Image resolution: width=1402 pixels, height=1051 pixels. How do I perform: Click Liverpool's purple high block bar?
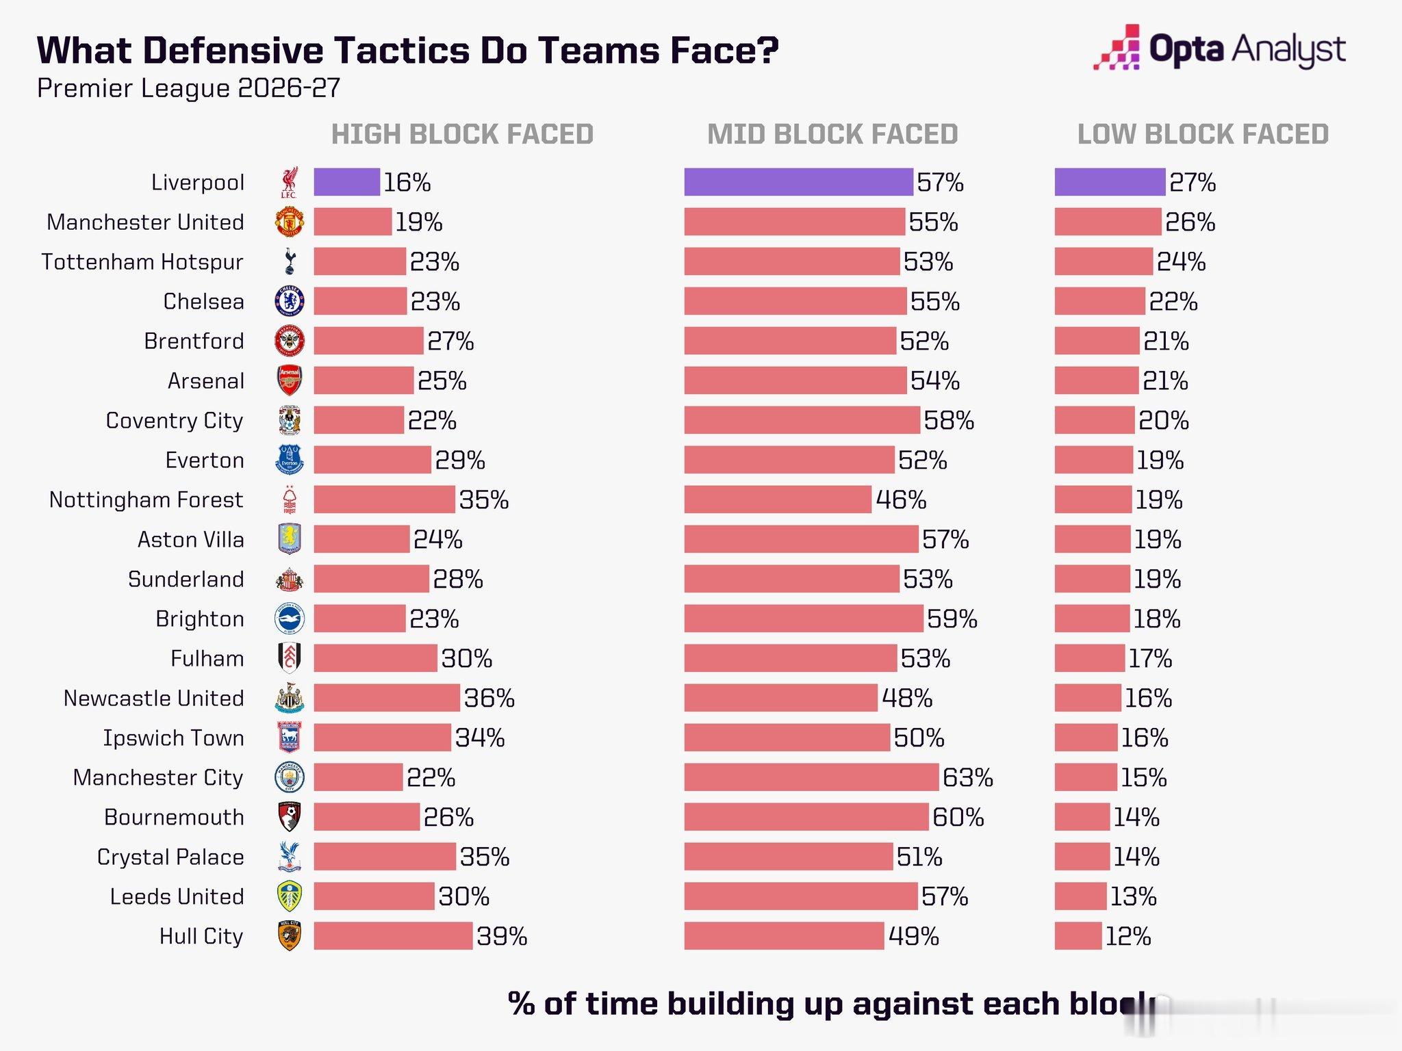(x=346, y=182)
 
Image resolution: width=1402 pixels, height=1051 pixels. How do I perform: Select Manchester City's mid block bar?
(x=811, y=777)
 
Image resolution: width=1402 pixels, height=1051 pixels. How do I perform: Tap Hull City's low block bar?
(x=1078, y=936)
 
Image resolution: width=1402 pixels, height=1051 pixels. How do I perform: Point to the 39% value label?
(x=502, y=936)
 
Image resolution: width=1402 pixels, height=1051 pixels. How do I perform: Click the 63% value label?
(x=968, y=777)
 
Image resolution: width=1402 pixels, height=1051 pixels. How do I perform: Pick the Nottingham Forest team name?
(x=146, y=500)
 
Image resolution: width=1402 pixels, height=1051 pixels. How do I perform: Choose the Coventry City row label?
(x=175, y=421)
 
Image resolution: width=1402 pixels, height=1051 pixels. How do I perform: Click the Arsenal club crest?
(x=290, y=380)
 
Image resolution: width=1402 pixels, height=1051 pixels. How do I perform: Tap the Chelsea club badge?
(x=290, y=301)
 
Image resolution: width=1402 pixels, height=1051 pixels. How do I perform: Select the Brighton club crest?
(x=290, y=619)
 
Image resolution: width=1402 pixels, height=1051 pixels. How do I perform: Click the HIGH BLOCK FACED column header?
(x=462, y=134)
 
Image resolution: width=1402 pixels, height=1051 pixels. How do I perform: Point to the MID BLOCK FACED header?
(x=832, y=134)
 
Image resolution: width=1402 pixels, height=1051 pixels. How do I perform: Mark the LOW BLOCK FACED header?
(x=1203, y=134)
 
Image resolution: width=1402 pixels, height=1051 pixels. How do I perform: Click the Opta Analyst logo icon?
(x=1117, y=48)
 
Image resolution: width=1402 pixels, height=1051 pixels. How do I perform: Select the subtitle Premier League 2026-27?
(x=189, y=88)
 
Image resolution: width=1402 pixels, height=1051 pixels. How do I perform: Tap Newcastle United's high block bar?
(x=387, y=698)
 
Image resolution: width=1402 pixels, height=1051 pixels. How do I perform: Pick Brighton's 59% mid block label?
(x=952, y=619)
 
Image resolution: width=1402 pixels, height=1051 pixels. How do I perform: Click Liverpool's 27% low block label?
(x=1193, y=182)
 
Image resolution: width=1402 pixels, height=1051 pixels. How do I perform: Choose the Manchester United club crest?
(x=290, y=222)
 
